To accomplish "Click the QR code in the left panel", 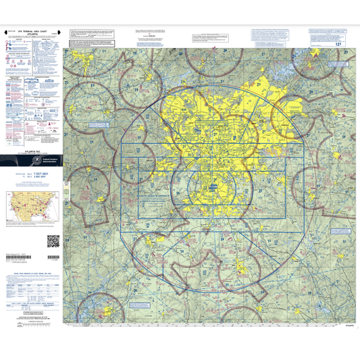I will (x=53, y=241).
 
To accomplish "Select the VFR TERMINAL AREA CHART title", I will (x=31, y=31).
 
